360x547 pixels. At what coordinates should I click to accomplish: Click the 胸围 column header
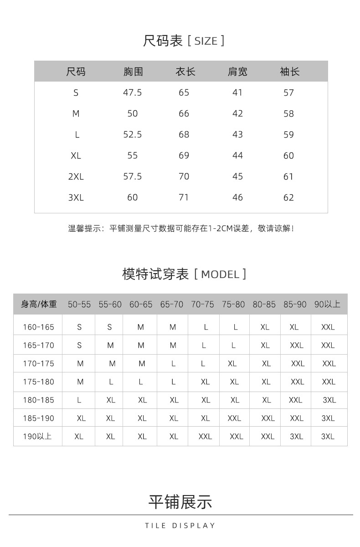(133, 72)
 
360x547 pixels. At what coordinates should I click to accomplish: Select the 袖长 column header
(289, 72)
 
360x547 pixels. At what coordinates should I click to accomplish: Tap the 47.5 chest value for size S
(133, 93)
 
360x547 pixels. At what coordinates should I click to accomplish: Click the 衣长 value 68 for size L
(184, 134)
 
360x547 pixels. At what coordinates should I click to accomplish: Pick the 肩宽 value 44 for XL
(237, 155)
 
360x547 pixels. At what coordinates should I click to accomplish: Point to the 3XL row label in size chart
(76, 197)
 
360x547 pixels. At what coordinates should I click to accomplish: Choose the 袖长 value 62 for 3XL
(289, 197)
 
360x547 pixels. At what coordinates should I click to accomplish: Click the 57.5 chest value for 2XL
(133, 176)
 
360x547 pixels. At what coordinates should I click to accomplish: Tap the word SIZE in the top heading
(206, 41)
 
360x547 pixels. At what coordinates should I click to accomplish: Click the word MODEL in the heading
(220, 274)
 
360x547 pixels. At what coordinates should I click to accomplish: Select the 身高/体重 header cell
(39, 304)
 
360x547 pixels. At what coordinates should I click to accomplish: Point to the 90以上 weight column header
(327, 304)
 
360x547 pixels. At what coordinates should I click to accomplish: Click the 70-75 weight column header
(203, 304)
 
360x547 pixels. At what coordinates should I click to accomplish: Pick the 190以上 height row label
(38, 436)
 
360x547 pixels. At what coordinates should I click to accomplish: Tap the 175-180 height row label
(39, 382)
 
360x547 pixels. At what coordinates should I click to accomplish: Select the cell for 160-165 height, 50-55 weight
(79, 327)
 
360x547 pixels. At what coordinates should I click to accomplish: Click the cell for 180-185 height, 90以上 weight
(329, 400)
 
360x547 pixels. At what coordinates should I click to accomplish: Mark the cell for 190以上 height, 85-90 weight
(296, 436)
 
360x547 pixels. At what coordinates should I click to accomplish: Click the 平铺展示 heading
(180, 502)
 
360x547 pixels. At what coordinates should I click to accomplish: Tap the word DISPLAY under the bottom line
(194, 526)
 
